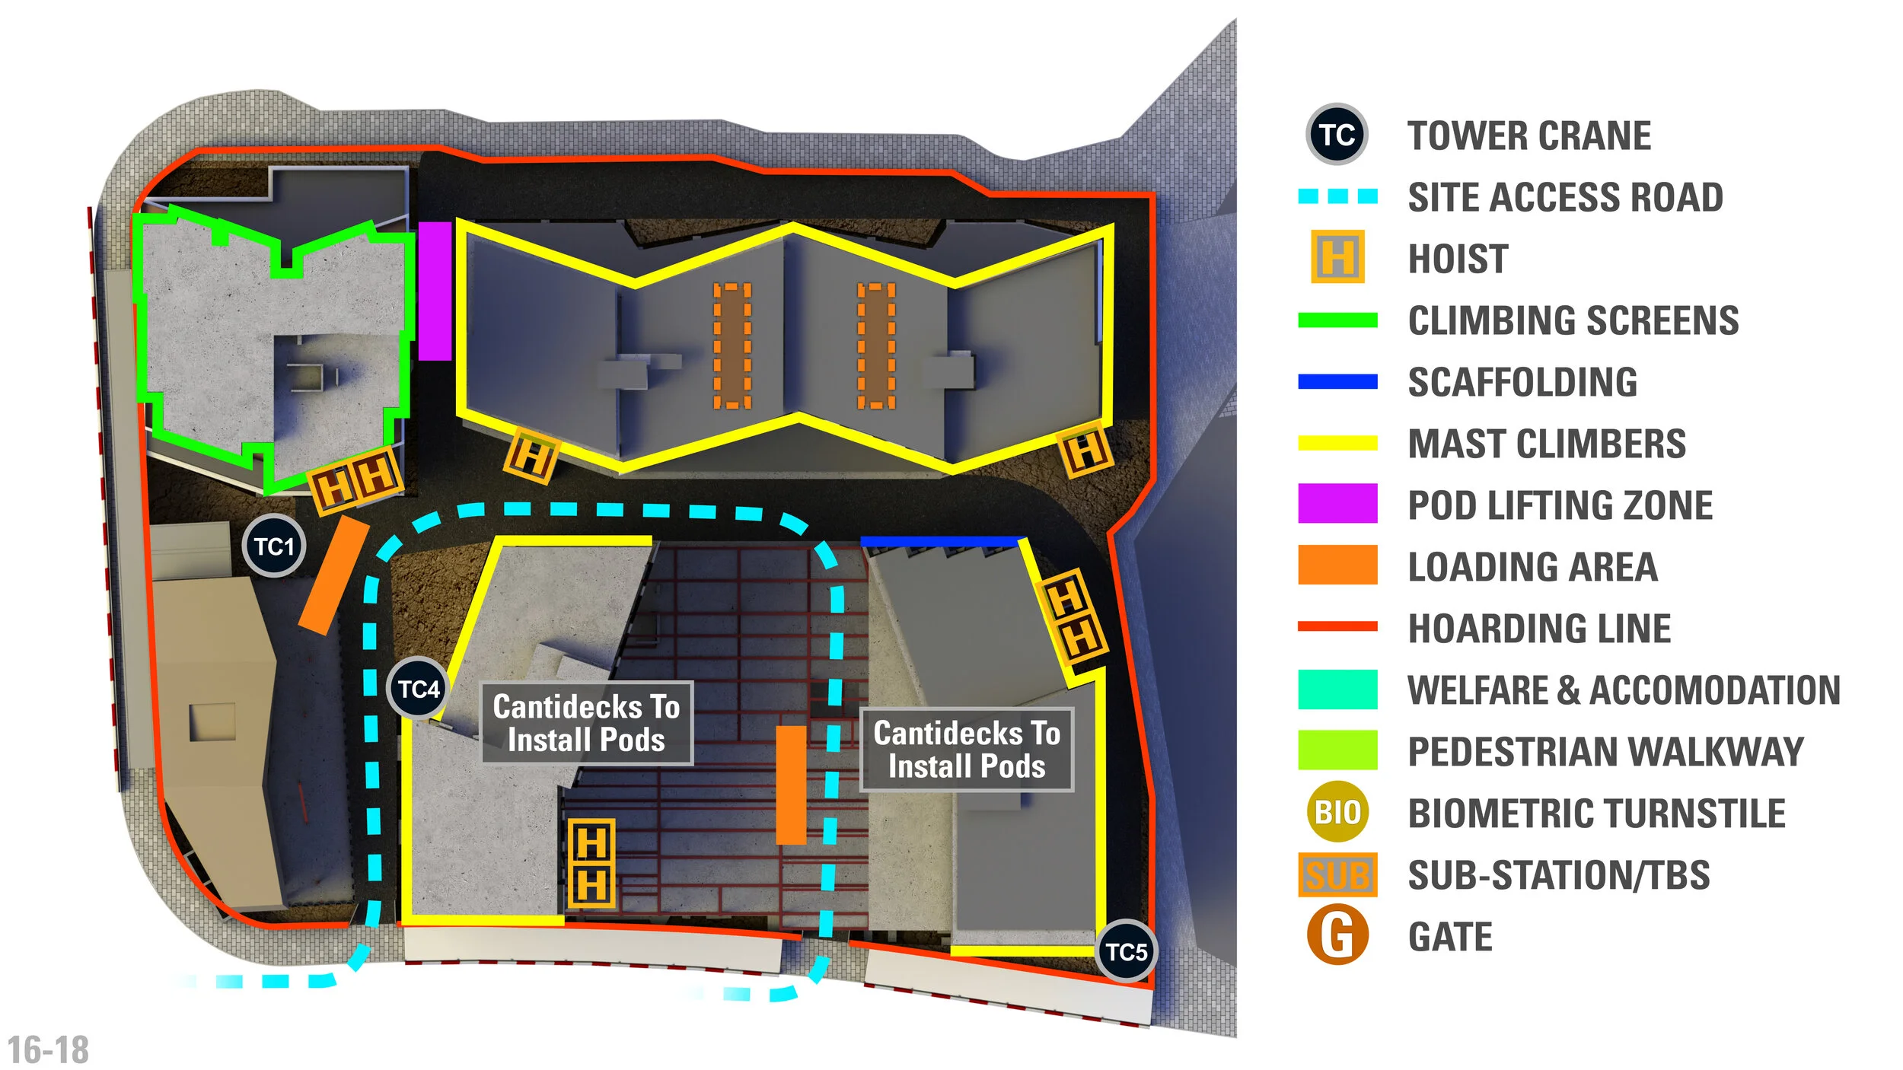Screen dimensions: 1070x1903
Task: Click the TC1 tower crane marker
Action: (x=274, y=546)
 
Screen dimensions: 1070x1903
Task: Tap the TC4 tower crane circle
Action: (x=418, y=689)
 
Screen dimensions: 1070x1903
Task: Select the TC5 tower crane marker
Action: (x=1126, y=951)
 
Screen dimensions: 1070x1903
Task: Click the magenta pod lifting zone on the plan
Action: (x=435, y=291)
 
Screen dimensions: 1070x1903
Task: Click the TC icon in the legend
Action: (x=1337, y=135)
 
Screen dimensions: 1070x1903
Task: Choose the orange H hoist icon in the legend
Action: (x=1337, y=257)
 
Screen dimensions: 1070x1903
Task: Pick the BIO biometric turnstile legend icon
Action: (x=1337, y=812)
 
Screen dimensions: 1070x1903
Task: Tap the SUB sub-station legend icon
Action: (x=1337, y=874)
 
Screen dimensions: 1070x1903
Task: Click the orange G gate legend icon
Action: (x=1337, y=935)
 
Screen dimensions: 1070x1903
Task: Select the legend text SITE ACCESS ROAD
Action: (x=1565, y=197)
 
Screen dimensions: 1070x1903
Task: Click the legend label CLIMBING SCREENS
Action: (x=1573, y=320)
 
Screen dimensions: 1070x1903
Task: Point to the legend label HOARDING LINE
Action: (x=1539, y=629)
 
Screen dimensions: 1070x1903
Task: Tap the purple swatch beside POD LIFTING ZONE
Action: (x=1337, y=503)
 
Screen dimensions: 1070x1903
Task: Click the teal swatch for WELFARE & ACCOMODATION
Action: (x=1337, y=689)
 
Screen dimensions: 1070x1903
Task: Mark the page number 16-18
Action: (x=48, y=1050)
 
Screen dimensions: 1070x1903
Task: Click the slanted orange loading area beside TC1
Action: (x=333, y=575)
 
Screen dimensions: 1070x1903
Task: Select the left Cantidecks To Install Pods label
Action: (x=586, y=723)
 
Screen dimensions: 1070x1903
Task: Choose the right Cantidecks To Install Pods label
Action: (x=966, y=750)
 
